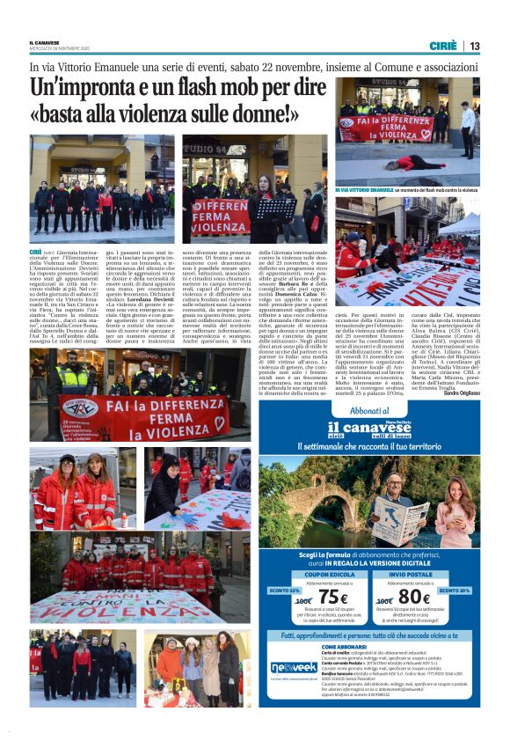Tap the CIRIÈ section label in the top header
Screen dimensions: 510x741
point(443,46)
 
